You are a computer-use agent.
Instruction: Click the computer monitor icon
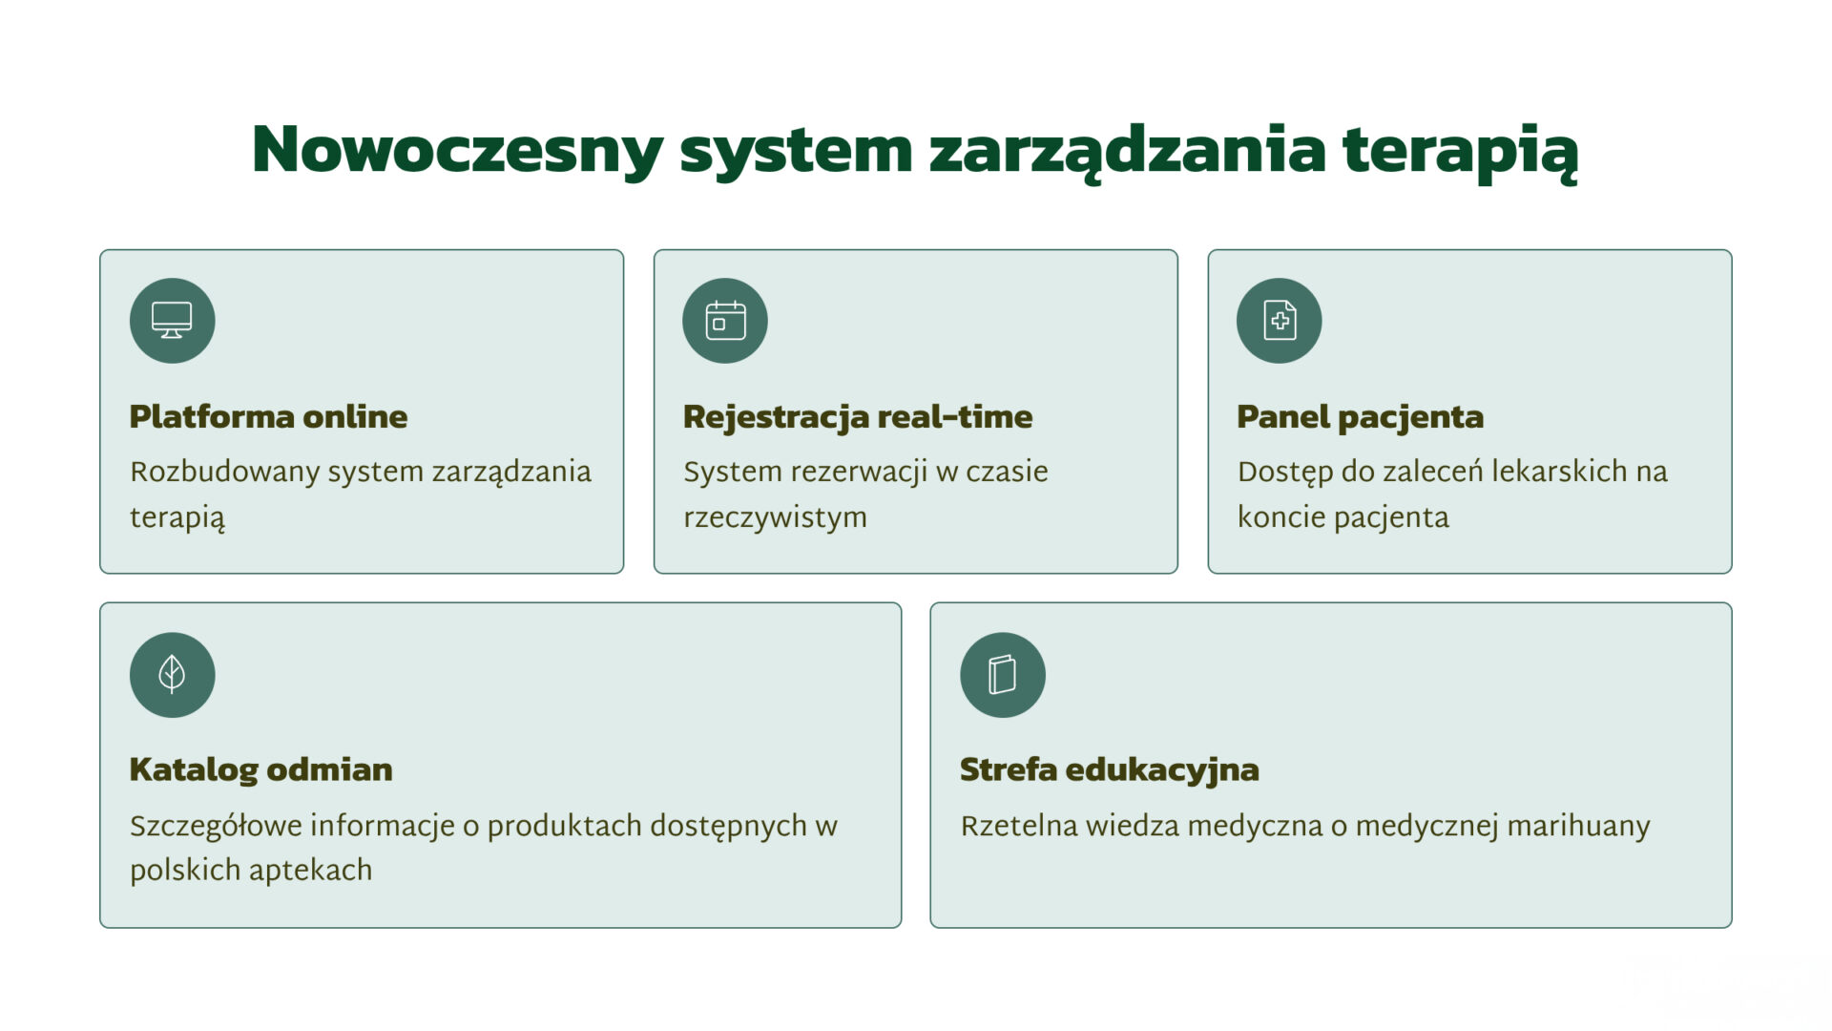coord(172,321)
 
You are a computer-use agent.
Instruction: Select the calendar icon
coord(725,321)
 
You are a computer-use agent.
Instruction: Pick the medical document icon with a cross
coord(1280,321)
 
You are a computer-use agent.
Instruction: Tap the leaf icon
coord(172,674)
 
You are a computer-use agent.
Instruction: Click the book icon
coord(1002,674)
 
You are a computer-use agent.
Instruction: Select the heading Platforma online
coord(268,416)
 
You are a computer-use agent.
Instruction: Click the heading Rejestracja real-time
coord(858,417)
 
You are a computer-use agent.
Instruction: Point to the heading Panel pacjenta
coord(1360,417)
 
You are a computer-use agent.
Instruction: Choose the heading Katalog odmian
coord(260,769)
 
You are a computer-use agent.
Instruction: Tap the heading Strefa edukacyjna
coord(1109,770)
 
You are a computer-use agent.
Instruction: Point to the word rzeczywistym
coord(775,518)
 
